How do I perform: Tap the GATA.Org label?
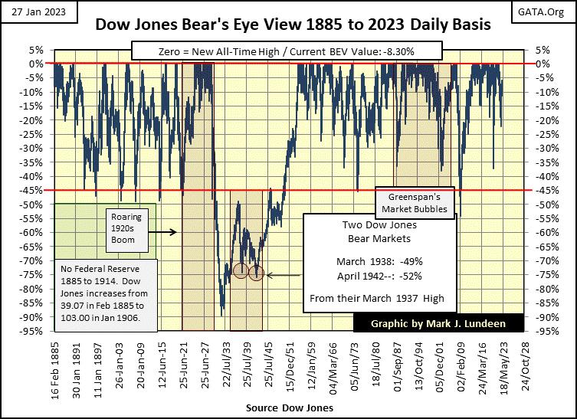(x=549, y=8)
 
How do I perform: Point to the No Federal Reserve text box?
(x=107, y=291)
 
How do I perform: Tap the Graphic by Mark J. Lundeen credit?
(x=438, y=322)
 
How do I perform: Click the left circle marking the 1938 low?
(x=241, y=270)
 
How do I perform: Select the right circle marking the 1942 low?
(x=256, y=273)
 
